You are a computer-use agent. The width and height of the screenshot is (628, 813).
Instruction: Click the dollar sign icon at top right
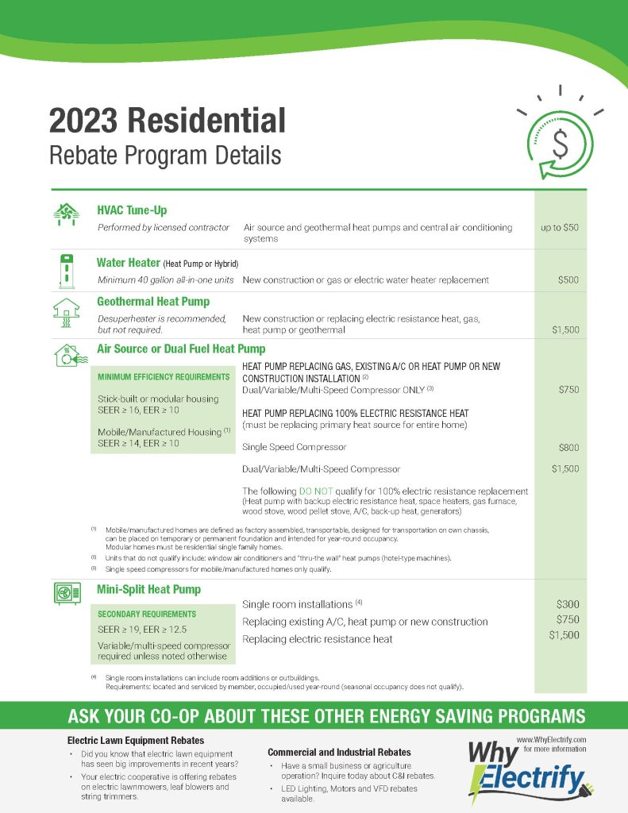(561, 144)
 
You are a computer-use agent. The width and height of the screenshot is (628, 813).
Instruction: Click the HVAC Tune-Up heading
(132, 210)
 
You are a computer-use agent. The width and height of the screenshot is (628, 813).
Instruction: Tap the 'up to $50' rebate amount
(560, 227)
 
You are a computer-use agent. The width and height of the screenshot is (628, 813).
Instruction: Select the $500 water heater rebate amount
(568, 279)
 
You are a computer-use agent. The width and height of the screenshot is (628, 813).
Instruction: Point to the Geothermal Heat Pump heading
(153, 302)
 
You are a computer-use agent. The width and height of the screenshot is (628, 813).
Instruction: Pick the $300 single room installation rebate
(568, 605)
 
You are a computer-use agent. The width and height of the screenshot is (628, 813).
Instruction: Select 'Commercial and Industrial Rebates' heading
(339, 752)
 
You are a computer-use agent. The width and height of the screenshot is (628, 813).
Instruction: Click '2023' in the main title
(82, 121)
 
